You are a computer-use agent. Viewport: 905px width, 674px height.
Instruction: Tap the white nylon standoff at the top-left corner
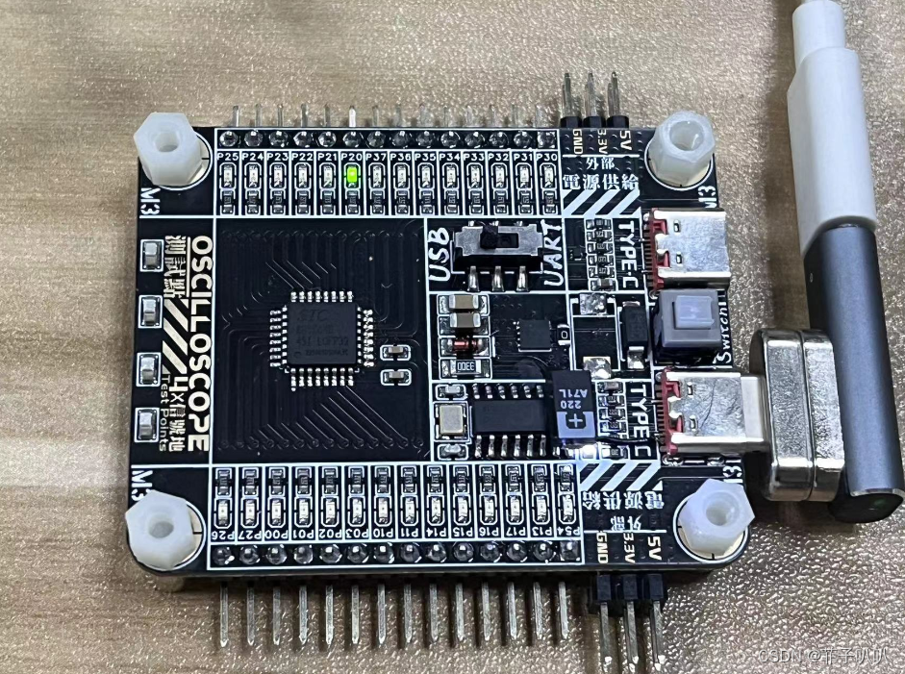[x=172, y=149]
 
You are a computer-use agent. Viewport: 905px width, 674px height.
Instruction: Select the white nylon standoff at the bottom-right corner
[x=714, y=516]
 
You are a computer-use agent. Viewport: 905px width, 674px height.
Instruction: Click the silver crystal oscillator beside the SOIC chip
[x=449, y=419]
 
